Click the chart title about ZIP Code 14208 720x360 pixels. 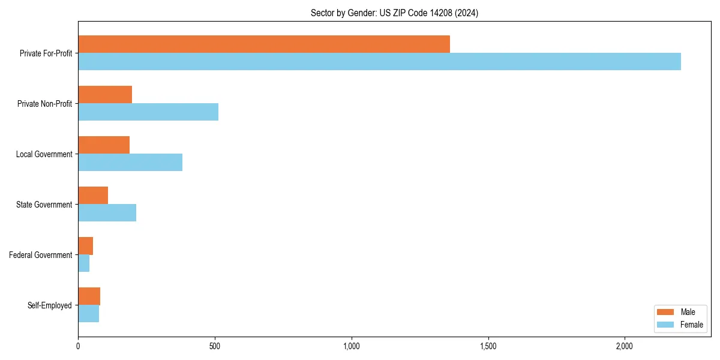394,13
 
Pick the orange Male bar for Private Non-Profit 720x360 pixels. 105,95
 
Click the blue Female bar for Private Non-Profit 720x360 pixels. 148,112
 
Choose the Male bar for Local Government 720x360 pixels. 104,145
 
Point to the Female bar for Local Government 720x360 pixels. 130,163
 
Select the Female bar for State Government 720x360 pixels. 107,213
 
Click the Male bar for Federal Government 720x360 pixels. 85,246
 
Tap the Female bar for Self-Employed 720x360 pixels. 88,314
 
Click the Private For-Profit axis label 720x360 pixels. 46,53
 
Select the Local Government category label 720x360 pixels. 44,154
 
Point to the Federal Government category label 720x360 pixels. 41,255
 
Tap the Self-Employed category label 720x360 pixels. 50,305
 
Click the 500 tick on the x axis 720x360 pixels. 215,346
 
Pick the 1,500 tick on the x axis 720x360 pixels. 488,346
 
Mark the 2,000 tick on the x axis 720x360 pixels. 625,346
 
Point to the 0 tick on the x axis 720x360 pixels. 78,346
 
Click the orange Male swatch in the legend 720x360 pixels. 666,312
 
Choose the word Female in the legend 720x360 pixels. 691,325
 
